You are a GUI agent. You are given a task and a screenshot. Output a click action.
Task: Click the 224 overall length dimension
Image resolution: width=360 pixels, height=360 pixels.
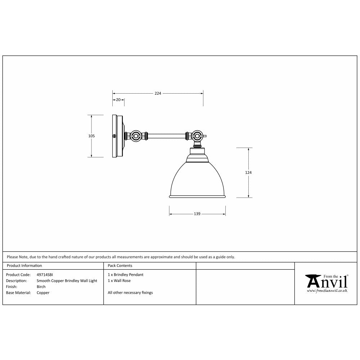(158, 93)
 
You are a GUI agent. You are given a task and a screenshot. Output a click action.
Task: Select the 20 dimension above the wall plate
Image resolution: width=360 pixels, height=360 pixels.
(118, 100)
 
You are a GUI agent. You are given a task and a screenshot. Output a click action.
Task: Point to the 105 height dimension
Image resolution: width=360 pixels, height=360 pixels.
(91, 136)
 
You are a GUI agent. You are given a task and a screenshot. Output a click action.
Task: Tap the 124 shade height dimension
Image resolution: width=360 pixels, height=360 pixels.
(248, 173)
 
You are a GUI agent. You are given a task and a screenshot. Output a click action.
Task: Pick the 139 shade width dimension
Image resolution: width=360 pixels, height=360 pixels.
(197, 214)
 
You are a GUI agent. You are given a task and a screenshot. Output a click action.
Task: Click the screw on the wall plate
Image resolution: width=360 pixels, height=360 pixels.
(114, 136)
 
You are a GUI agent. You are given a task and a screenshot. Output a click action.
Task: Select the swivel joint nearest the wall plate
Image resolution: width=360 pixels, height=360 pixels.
(136, 136)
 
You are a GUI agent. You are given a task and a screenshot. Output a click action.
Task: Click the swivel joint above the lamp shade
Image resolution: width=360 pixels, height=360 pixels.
(197, 136)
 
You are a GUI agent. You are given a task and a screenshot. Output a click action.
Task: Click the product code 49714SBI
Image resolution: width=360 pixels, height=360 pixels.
(45, 275)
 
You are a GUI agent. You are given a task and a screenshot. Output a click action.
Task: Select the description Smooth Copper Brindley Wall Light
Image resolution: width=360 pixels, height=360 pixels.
(67, 281)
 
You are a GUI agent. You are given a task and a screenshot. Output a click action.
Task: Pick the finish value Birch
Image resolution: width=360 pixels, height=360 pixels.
(41, 287)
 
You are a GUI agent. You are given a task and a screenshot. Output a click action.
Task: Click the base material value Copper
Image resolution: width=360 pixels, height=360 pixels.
(43, 293)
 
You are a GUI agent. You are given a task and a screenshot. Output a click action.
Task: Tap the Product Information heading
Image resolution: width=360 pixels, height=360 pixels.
(24, 266)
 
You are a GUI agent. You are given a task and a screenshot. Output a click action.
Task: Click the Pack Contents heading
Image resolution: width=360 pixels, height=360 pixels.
(120, 266)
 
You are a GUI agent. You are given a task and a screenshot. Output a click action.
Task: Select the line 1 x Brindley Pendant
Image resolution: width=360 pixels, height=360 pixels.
(125, 275)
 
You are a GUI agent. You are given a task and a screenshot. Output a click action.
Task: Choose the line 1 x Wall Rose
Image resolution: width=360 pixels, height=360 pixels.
(119, 281)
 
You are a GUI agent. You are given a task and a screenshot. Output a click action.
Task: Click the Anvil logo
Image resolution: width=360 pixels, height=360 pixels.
(326, 280)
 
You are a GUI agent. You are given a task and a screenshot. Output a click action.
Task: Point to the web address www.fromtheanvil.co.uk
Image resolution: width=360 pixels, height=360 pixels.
(327, 290)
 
